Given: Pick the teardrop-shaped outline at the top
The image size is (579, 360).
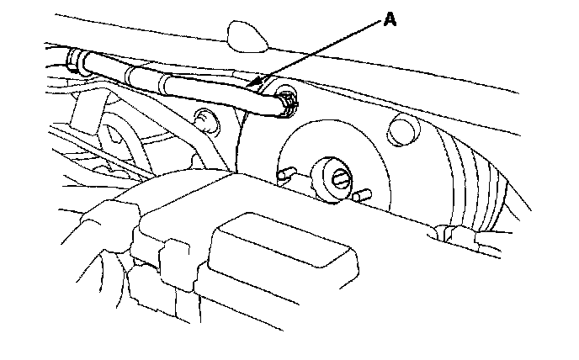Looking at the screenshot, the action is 245,34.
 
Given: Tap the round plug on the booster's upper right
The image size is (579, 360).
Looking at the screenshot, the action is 403,130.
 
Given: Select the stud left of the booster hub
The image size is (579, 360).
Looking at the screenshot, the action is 286,176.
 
